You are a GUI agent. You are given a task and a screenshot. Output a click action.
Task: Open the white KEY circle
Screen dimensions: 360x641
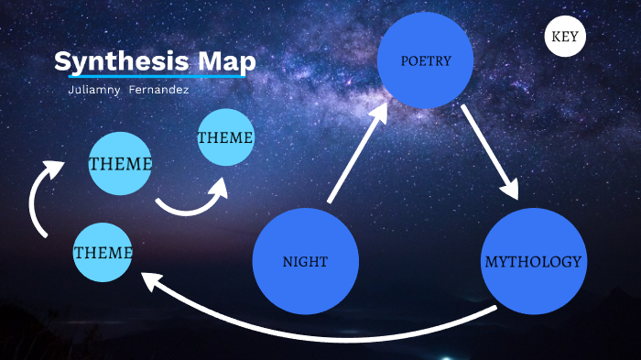pos(566,38)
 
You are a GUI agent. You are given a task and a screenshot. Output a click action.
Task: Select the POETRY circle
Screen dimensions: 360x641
pos(426,60)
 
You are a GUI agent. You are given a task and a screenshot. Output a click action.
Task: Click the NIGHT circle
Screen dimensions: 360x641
pos(305,261)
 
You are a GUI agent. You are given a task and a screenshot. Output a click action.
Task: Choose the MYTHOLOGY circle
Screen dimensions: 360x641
pos(532,261)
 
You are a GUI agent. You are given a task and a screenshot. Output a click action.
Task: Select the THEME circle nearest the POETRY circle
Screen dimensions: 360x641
pos(225,137)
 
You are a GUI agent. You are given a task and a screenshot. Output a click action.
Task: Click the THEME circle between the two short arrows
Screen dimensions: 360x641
pos(120,163)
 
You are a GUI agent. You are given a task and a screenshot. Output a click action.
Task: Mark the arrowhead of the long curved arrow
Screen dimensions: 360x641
pos(150,278)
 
